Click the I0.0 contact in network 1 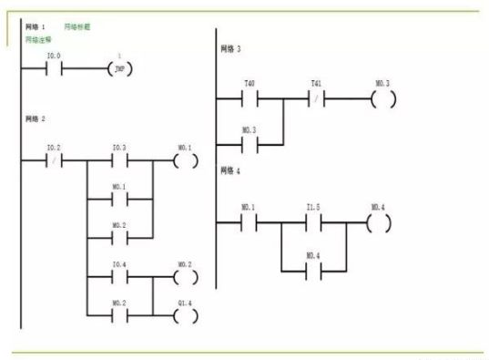[54, 68]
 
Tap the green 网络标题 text [77, 28]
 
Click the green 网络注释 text [36, 41]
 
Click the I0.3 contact [119, 160]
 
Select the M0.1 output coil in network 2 [185, 160]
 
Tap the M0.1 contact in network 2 [119, 200]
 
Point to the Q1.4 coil [185, 316]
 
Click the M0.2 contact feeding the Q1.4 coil [119, 316]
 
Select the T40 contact [250, 97]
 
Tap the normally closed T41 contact [316, 97]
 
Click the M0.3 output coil [382, 97]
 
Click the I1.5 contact [316, 222]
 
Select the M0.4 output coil [379, 222]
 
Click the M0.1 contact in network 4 [250, 222]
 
